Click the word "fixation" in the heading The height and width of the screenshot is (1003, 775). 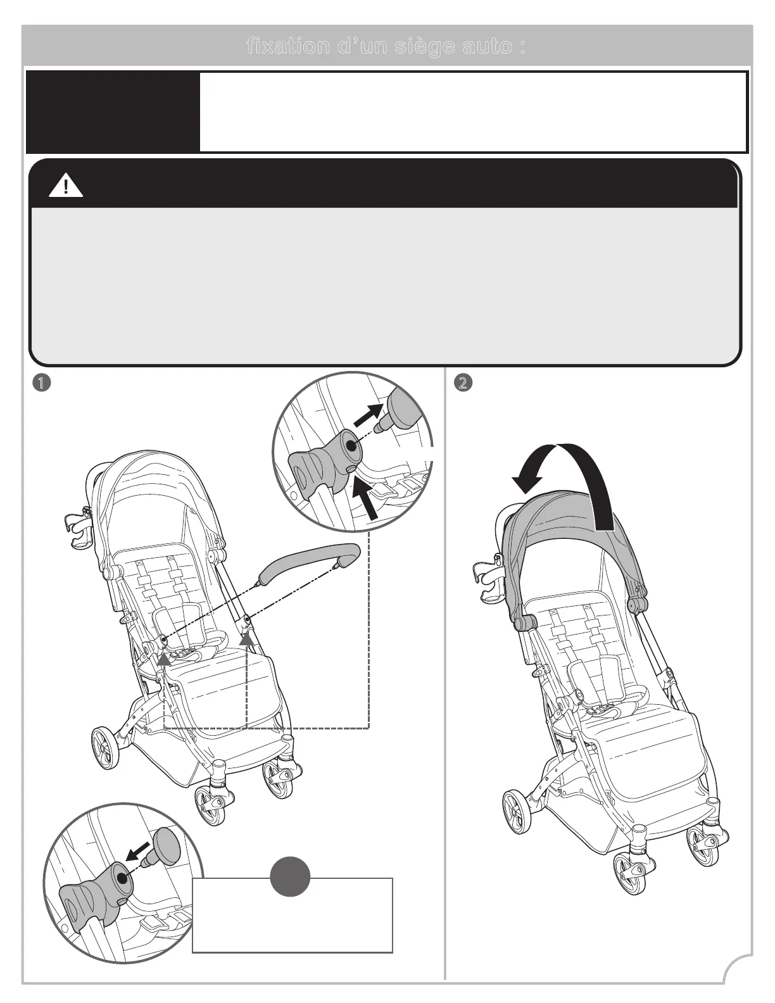point(282,47)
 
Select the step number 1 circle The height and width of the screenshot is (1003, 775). point(42,383)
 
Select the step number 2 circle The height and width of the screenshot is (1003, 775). point(463,383)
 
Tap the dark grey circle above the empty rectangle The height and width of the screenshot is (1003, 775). point(290,878)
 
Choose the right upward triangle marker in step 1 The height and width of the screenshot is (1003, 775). point(246,640)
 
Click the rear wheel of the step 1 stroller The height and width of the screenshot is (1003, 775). point(104,749)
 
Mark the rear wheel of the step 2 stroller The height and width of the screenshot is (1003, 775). point(517,812)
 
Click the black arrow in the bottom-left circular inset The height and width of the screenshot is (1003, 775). point(139,851)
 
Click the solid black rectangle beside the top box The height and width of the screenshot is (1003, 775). point(113,112)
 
